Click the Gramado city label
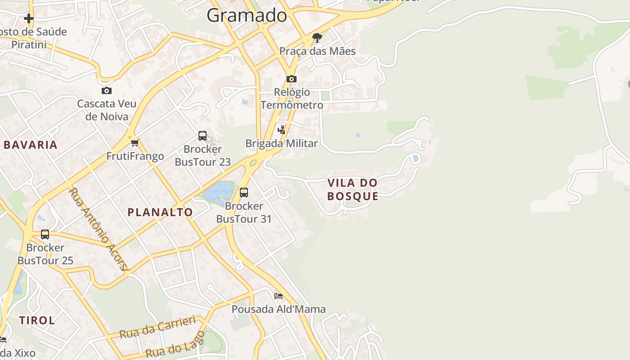pos(247,15)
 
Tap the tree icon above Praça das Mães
pos(317,37)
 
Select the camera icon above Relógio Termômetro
pos(291,79)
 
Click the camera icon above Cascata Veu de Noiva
pos(106,90)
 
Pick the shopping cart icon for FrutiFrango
pos(135,143)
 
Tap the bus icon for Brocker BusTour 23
pos(202,135)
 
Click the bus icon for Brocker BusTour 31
pos(244,193)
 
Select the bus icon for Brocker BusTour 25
pos(45,234)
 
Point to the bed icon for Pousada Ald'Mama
pos(279,296)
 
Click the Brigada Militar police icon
pos(282,130)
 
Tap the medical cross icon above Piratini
pos(29,18)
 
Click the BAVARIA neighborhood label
pos(31,145)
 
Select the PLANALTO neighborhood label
pos(160,212)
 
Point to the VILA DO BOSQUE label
pos(352,189)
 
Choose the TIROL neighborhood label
pos(37,320)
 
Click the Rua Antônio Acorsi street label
pos(99,229)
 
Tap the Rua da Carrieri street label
pos(157,328)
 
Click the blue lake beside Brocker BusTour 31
pos(219,192)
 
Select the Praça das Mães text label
pos(317,51)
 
